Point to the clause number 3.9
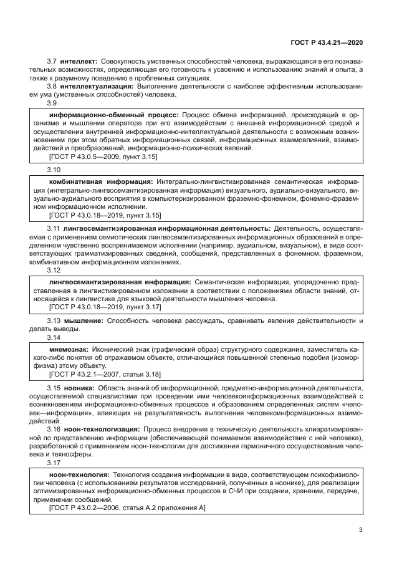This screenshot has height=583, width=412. (52, 104)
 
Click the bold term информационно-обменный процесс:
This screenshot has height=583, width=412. (114, 115)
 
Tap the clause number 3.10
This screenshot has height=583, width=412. (54, 170)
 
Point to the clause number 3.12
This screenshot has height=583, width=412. (54, 271)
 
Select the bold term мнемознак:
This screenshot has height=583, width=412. (69, 349)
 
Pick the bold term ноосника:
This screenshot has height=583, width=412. (78, 387)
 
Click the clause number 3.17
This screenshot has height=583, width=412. (54, 463)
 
